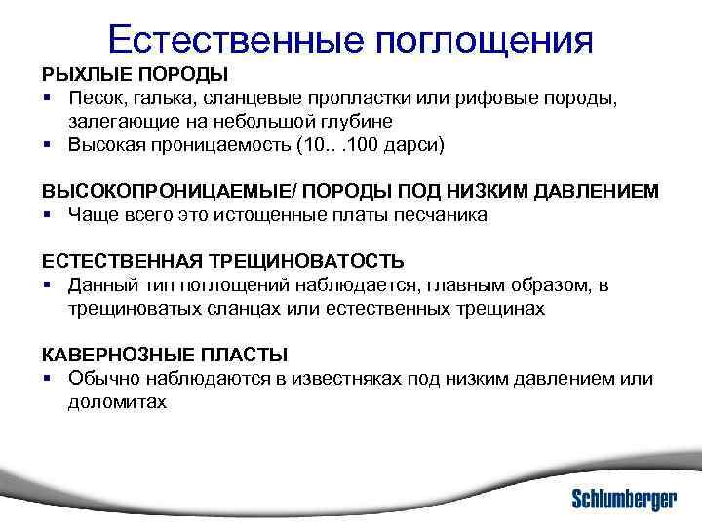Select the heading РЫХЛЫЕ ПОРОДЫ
tap(135, 75)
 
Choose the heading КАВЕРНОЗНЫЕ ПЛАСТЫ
tap(164, 356)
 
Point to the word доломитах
tap(118, 402)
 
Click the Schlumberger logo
tap(623, 500)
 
